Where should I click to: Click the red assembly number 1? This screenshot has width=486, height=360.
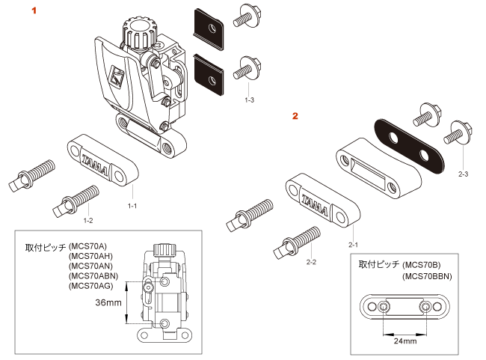click(x=34, y=10)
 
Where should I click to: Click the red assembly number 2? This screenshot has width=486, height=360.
click(x=295, y=116)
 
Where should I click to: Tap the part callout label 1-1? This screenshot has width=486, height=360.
click(x=132, y=206)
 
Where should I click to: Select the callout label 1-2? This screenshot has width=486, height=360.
click(x=88, y=220)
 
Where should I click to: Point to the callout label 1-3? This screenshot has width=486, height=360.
click(x=249, y=100)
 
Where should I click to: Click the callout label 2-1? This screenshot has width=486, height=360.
click(x=353, y=245)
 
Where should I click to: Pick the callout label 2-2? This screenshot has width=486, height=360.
click(x=311, y=262)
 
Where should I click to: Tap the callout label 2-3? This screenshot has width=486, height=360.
click(x=463, y=174)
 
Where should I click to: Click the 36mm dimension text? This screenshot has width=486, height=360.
click(x=108, y=302)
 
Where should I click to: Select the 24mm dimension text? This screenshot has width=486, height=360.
click(x=405, y=341)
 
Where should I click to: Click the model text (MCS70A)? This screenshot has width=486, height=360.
click(x=87, y=246)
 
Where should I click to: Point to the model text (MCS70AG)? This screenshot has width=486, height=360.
click(x=90, y=286)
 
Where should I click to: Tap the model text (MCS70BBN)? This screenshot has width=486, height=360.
click(x=427, y=276)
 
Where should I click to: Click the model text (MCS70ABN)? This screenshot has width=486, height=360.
click(x=93, y=276)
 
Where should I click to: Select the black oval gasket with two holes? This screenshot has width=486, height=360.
click(x=409, y=146)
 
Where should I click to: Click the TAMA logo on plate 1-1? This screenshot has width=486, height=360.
click(x=95, y=165)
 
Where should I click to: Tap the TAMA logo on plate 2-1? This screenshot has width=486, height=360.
click(x=314, y=205)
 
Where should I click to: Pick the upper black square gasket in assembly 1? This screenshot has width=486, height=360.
click(x=209, y=29)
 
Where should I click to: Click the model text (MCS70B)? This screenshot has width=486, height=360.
click(x=422, y=265)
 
